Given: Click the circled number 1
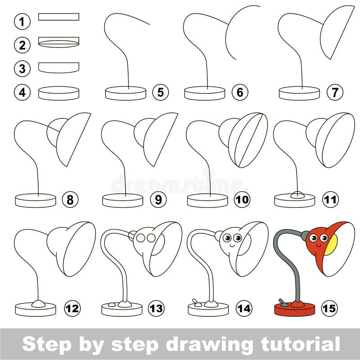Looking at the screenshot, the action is point(22,22).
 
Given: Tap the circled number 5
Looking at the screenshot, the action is point(161,92).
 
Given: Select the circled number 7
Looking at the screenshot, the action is point(335,92).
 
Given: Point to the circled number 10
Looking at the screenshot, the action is point(242,199).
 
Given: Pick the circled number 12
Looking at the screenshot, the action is point(72,308).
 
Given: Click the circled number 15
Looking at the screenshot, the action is point(329,308).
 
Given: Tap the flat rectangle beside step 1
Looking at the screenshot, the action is point(59,17).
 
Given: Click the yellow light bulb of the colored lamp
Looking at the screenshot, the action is point(331,245).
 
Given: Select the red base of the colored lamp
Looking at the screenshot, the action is point(295,309).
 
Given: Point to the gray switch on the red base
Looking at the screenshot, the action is point(283,303).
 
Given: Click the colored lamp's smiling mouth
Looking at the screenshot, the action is point(319,246).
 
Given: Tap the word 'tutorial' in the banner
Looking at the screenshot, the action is point(300,344).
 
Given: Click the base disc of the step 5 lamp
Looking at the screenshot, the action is point(126,93).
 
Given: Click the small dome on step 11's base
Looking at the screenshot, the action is point(297,195).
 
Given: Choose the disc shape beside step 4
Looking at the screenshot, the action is point(59,93).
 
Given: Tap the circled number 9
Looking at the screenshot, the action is point(159,199).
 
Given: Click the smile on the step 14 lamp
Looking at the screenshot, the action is point(232,246).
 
